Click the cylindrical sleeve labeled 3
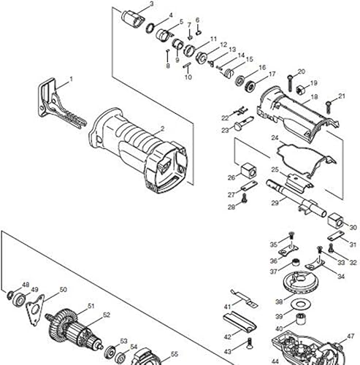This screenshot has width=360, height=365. [x=133, y=16]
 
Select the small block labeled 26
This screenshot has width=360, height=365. [x=249, y=172]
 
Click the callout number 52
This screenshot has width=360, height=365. [x=106, y=315]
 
